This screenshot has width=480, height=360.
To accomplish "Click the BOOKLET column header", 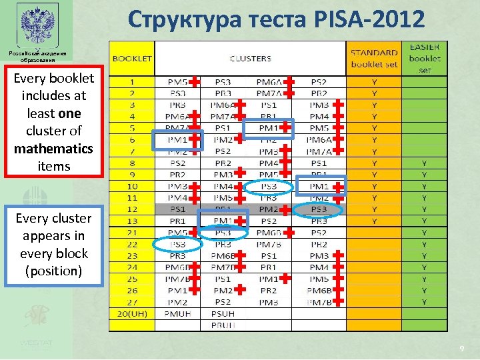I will click(x=132, y=58).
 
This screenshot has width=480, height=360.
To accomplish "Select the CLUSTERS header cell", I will click(x=250, y=58).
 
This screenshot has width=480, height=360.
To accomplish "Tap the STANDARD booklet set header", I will click(x=374, y=58).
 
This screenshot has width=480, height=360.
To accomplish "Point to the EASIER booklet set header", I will click(x=425, y=58).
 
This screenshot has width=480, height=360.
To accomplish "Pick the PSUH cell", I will click(x=223, y=313).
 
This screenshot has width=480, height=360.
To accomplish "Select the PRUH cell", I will click(x=223, y=325).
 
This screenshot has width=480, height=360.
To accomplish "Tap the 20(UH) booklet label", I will click(x=132, y=313).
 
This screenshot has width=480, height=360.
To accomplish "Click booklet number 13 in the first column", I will click(x=132, y=221).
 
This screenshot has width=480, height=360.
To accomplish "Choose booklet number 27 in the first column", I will click(x=132, y=302).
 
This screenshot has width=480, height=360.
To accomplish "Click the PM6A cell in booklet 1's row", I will click(x=268, y=81).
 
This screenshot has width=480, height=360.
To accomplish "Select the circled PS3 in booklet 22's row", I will click(x=177, y=244).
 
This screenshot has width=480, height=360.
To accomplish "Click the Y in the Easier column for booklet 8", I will click(x=425, y=163).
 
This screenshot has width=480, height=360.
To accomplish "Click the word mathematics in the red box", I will click(x=53, y=148).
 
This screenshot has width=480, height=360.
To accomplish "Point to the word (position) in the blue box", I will click(x=53, y=271).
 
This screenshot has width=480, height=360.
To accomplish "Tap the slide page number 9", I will click(x=461, y=349).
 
